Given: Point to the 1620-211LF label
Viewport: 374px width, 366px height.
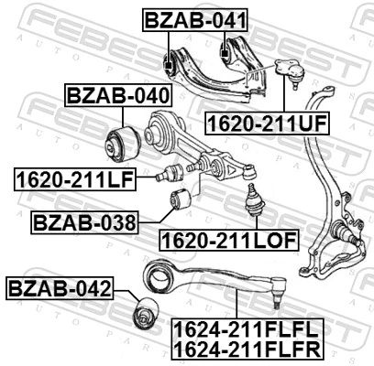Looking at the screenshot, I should pyautogui.click(x=73, y=178).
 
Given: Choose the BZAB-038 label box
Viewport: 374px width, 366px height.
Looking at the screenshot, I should pyautogui.click(x=84, y=222).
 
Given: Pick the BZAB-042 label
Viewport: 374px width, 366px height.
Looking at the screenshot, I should pyautogui.click(x=60, y=290).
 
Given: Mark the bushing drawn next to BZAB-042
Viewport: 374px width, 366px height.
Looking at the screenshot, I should pyautogui.click(x=143, y=313).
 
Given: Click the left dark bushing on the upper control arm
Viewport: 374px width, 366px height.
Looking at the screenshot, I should pyautogui.click(x=167, y=64).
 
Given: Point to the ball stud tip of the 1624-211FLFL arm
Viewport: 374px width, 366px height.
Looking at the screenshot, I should pyautogui.click(x=280, y=297).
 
